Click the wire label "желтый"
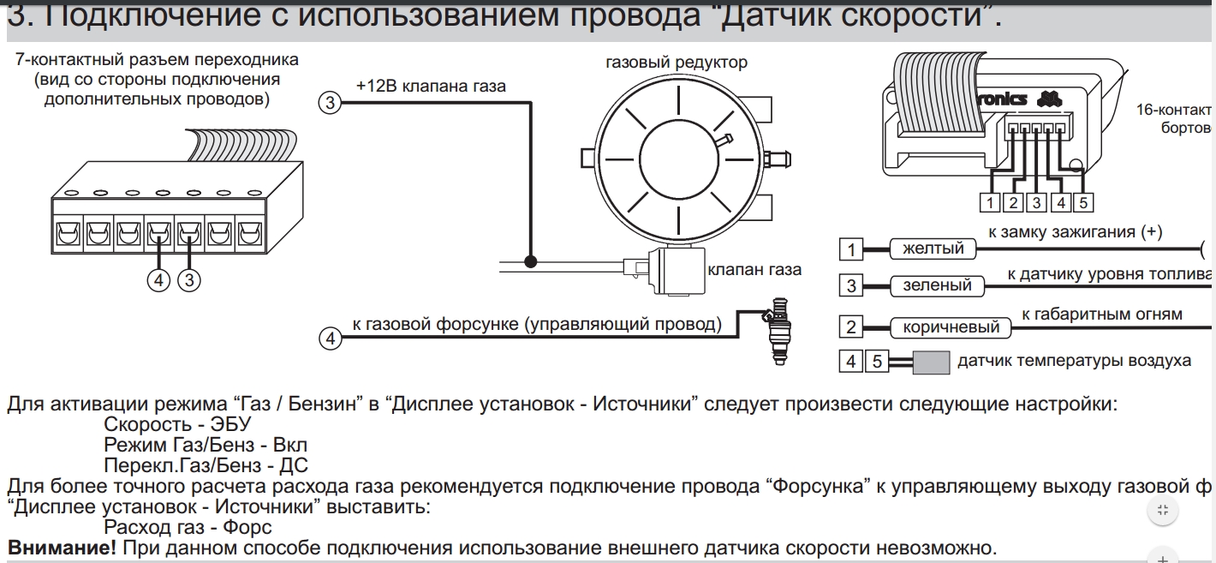click(933, 249)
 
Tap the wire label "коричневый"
click(951, 327)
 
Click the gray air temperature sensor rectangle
click(931, 362)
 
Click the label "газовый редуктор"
click(676, 63)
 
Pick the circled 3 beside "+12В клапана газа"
click(330, 104)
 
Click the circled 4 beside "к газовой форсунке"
click(330, 338)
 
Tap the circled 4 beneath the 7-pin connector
click(158, 280)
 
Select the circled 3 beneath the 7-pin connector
click(188, 280)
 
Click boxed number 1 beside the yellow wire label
click(851, 250)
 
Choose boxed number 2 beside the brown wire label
click(851, 326)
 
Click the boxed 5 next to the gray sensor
click(877, 362)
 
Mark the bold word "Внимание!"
click(62, 548)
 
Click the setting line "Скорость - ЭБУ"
click(177, 424)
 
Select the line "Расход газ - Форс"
click(188, 527)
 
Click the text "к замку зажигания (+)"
click(1075, 232)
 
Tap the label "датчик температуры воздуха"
click(1074, 361)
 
